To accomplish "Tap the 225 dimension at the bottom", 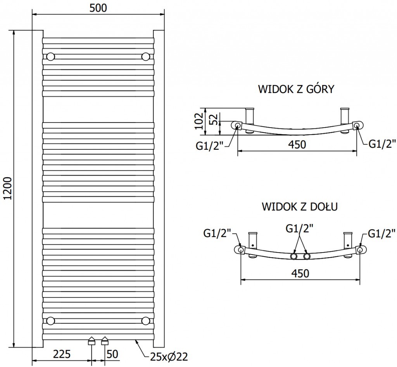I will (61, 354).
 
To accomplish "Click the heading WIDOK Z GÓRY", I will (296, 90).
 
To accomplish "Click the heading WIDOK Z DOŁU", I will (299, 206).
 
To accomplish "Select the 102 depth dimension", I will (198, 120).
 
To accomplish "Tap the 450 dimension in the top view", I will (297, 145).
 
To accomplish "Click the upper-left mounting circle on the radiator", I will (51, 57).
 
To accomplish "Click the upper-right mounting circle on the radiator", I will (146, 57).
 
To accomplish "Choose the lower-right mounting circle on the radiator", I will (146, 320).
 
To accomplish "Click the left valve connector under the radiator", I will (91, 341).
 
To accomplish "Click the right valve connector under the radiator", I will (105, 341).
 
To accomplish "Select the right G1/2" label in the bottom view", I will (381, 233).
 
